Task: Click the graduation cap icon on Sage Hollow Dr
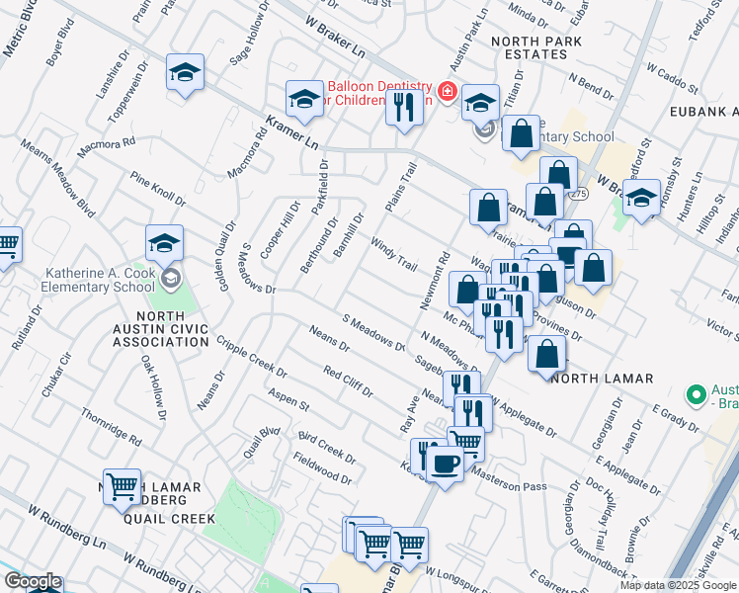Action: [x=185, y=73]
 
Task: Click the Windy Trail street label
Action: [x=393, y=255]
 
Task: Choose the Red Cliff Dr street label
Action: [x=347, y=381]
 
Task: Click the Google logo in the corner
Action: [x=32, y=581]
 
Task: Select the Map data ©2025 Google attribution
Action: [x=677, y=585]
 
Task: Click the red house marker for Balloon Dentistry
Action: [x=448, y=93]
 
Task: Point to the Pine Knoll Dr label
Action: [x=158, y=188]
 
